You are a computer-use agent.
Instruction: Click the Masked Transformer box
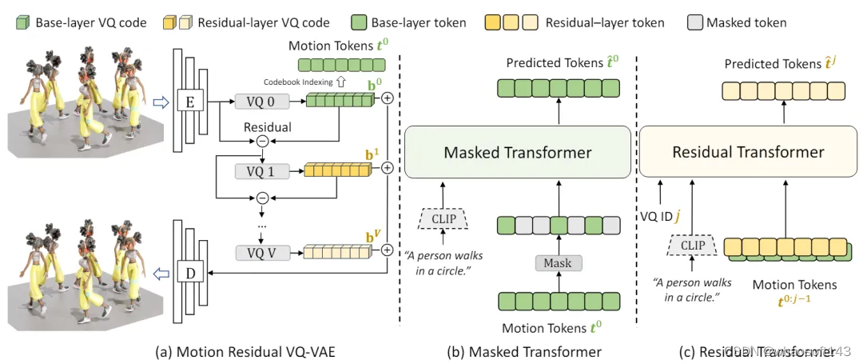[x=517, y=153]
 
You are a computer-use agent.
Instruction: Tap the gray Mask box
[x=558, y=262]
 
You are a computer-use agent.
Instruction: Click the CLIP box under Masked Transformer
[x=443, y=218]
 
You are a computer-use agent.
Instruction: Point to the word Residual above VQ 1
[x=268, y=127]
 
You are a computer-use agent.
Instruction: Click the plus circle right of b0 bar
[x=388, y=98]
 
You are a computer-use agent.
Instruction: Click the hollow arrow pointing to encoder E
[x=161, y=101]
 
